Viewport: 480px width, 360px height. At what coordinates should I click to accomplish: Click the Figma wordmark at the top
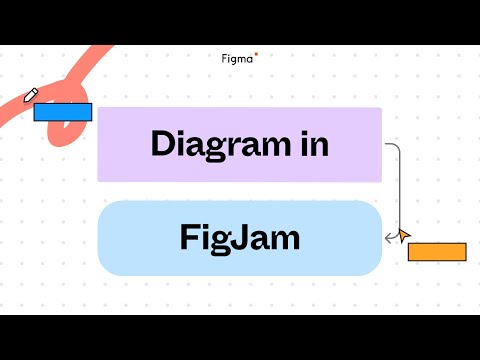click(237, 58)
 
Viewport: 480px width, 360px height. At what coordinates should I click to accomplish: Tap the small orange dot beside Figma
click(257, 54)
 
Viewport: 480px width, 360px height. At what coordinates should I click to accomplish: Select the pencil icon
click(31, 95)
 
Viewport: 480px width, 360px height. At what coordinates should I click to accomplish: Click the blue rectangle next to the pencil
click(63, 111)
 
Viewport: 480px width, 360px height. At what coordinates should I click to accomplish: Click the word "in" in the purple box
click(315, 143)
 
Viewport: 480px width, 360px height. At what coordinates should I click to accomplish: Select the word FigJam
click(240, 238)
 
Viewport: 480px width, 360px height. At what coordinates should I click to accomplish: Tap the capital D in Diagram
click(163, 143)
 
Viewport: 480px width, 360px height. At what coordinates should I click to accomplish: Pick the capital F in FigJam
click(189, 238)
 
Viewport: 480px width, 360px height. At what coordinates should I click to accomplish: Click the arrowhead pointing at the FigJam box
click(388, 238)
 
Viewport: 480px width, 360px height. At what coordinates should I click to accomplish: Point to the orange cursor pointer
click(403, 236)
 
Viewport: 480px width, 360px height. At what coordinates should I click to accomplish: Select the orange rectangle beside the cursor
click(437, 251)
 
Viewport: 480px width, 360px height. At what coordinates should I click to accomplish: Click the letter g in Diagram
click(220, 147)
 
